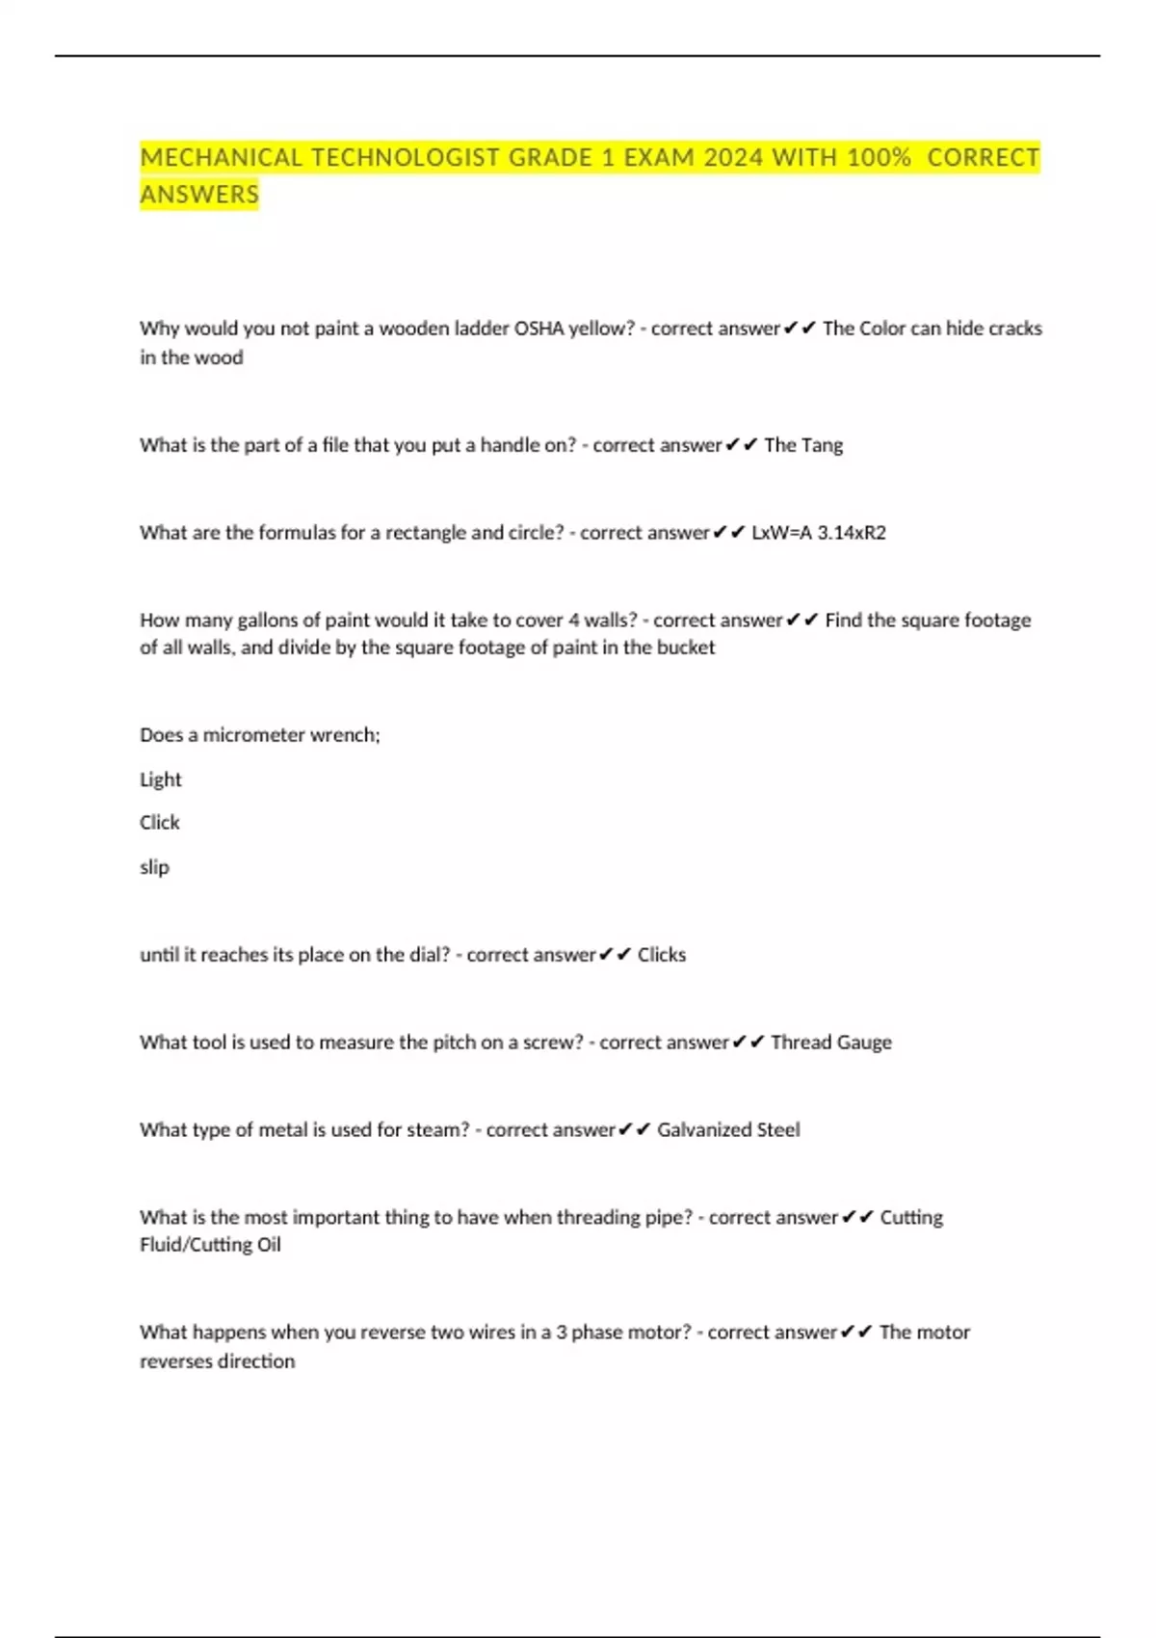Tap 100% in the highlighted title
pos(879,157)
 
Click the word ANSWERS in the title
pos(199,195)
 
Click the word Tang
pos(822,445)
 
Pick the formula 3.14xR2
pos(852,533)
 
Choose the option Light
pos(161,779)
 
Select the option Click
pos(160,823)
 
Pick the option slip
pos(154,867)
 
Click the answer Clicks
pos(662,955)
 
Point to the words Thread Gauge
pos(830,1043)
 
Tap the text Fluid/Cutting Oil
pos(210,1245)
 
